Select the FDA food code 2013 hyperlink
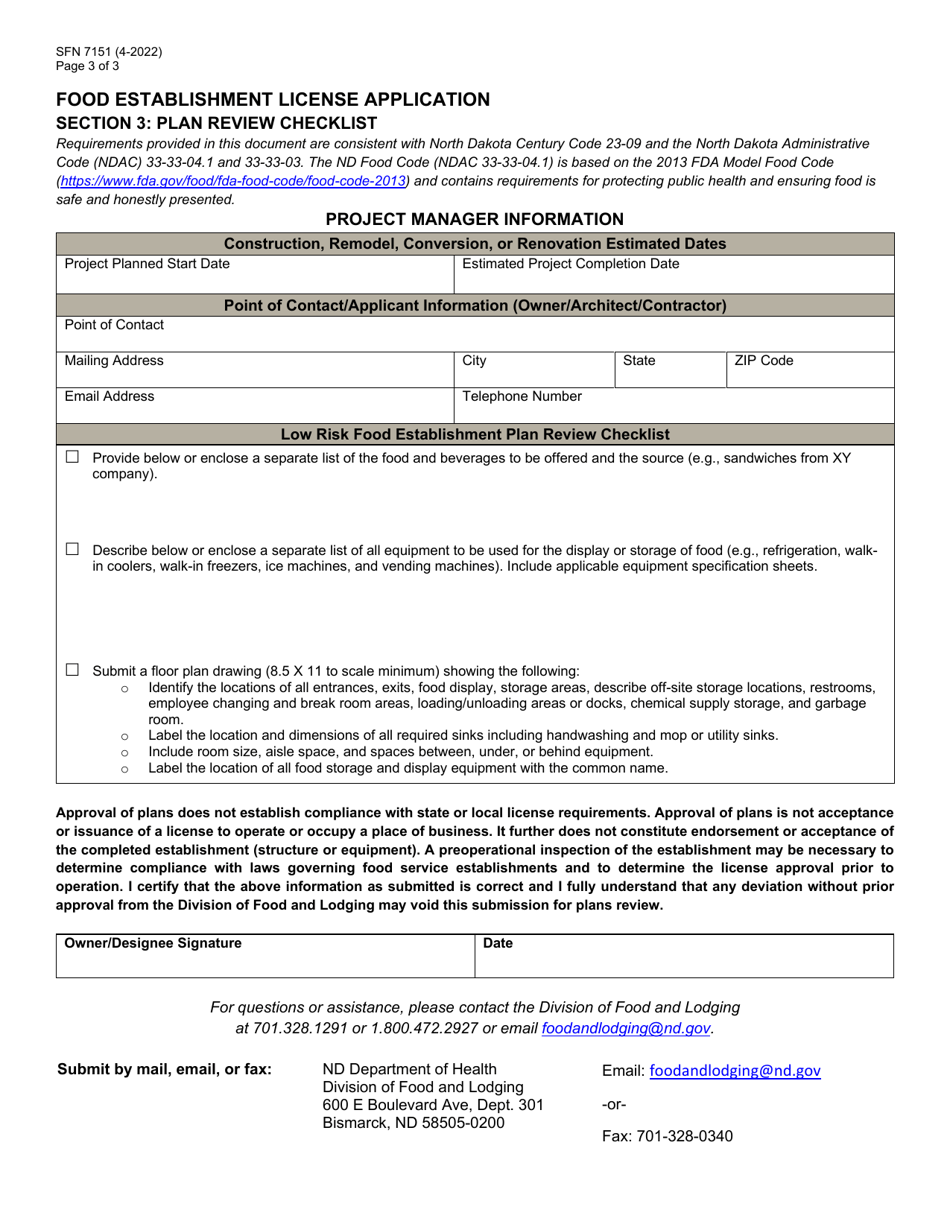pyautogui.click(x=233, y=181)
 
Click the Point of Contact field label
pyautogui.click(x=114, y=325)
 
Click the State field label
pyautogui.click(x=639, y=360)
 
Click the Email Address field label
pyautogui.click(x=109, y=396)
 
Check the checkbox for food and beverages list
pyautogui.click(x=72, y=457)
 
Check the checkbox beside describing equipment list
pyautogui.click(x=72, y=549)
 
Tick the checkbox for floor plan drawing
pyautogui.click(x=72, y=669)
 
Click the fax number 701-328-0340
pyautogui.click(x=667, y=1136)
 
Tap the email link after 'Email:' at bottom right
pyautogui.click(x=735, y=1071)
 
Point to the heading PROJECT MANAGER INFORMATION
pyautogui.click(x=475, y=219)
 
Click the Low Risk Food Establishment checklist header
pyautogui.click(x=475, y=434)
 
